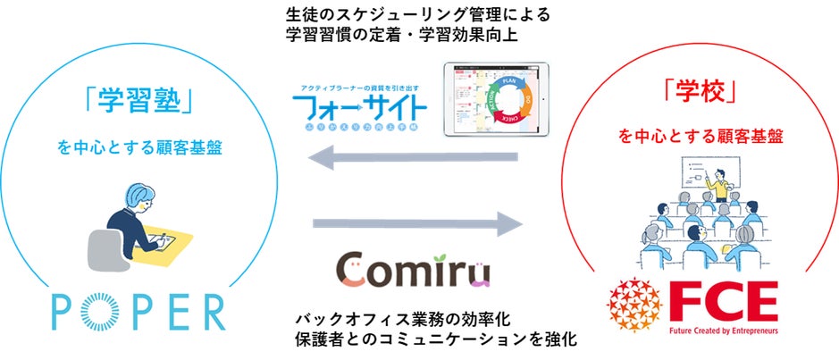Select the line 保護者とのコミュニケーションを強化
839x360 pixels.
[x=436, y=341]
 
